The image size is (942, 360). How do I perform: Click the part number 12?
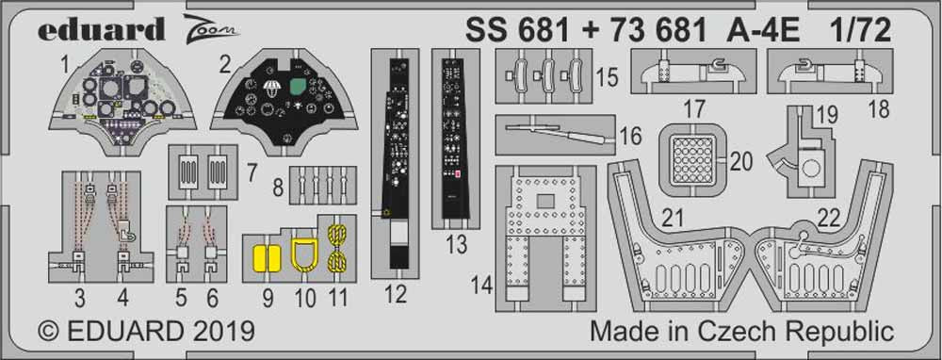pos(396,296)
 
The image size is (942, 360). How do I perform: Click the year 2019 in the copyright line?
pos(219,333)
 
